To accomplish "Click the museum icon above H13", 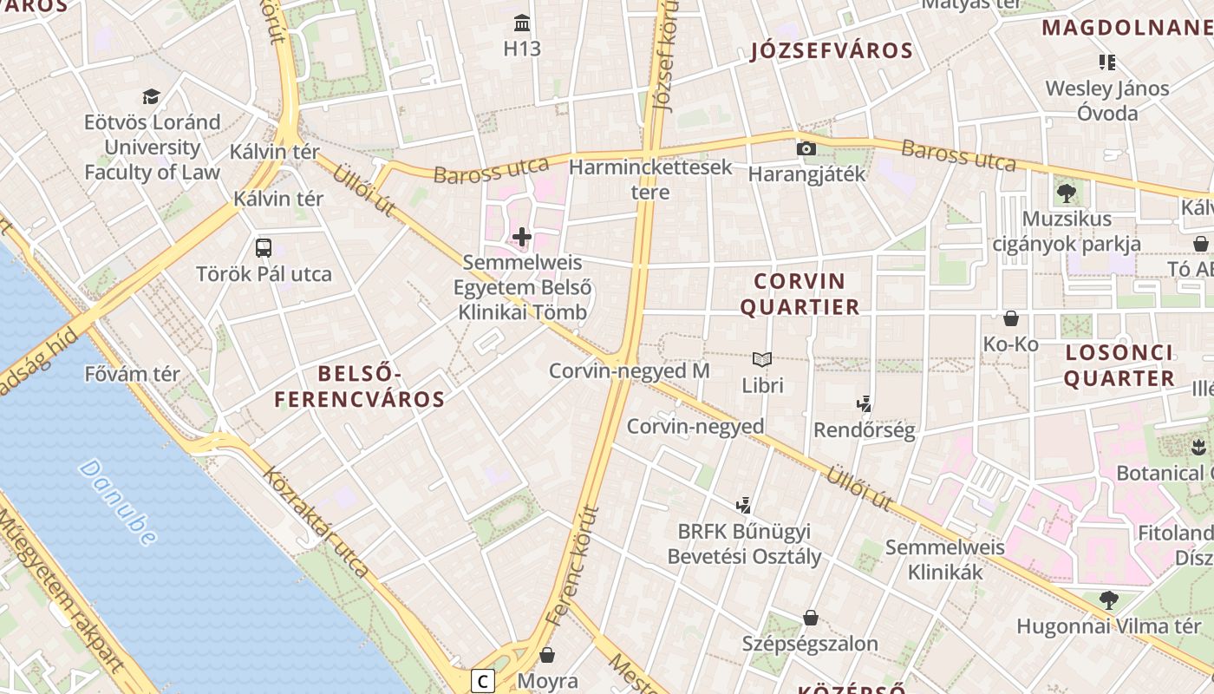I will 522,23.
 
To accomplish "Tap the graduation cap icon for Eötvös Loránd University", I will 152,96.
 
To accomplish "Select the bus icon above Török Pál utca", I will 264,248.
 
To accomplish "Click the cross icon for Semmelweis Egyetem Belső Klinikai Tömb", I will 522,236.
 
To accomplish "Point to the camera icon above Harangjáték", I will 806,148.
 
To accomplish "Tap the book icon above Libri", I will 762,359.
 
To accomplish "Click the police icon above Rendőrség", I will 864,403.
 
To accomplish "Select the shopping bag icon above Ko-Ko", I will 1010,318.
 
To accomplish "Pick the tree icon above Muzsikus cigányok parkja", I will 1066,193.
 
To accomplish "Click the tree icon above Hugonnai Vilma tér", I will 1108,599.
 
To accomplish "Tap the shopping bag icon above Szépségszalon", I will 810,618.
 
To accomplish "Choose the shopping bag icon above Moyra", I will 547,654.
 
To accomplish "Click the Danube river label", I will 118,501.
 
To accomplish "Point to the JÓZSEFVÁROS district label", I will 832,50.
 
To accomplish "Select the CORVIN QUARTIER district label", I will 806,293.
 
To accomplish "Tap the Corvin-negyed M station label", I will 629,371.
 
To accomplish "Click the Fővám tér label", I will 132,375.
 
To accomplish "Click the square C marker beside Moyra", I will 483,681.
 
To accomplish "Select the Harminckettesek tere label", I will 650,179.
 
